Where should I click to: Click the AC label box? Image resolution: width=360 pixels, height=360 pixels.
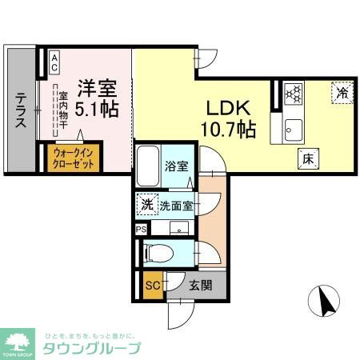pos(54,62)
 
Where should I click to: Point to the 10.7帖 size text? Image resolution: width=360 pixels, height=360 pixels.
pos(228,129)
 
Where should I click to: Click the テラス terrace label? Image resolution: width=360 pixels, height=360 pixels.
pos(20,111)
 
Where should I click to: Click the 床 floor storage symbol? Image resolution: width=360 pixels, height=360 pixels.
pos(306,158)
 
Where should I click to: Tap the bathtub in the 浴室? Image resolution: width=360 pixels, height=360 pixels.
pos(147,166)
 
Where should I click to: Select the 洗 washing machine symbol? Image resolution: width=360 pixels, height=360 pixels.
pos(146,204)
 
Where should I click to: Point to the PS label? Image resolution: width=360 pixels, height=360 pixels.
pos(141,229)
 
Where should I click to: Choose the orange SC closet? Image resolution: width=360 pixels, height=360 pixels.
pos(151,284)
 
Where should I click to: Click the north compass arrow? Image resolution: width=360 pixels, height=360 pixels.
pos(326,302)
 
